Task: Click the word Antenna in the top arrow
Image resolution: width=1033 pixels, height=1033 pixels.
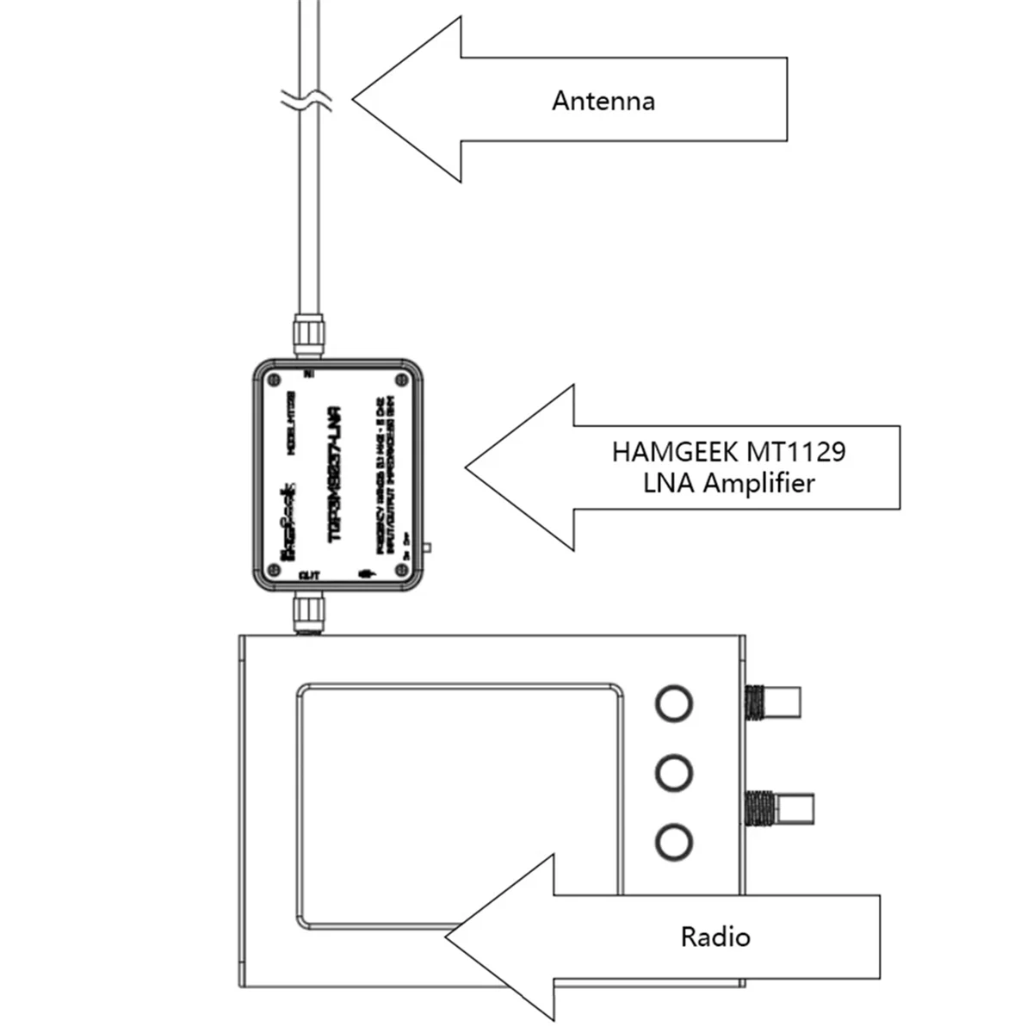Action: pos(603,101)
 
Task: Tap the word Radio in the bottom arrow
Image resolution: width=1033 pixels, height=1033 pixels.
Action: pos(714,936)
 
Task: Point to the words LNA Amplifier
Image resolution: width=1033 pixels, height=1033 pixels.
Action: pos(728,483)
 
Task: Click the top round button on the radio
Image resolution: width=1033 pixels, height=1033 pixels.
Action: pos(673,702)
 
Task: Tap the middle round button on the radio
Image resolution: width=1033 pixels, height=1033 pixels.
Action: pos(673,771)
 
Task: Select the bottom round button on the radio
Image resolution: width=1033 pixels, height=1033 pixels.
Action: pos(673,840)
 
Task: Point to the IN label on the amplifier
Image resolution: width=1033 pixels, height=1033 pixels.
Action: pos(309,374)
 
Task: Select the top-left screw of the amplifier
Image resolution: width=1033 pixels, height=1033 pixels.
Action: pos(273,379)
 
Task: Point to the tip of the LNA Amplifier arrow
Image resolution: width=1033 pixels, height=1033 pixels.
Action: pos(468,467)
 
